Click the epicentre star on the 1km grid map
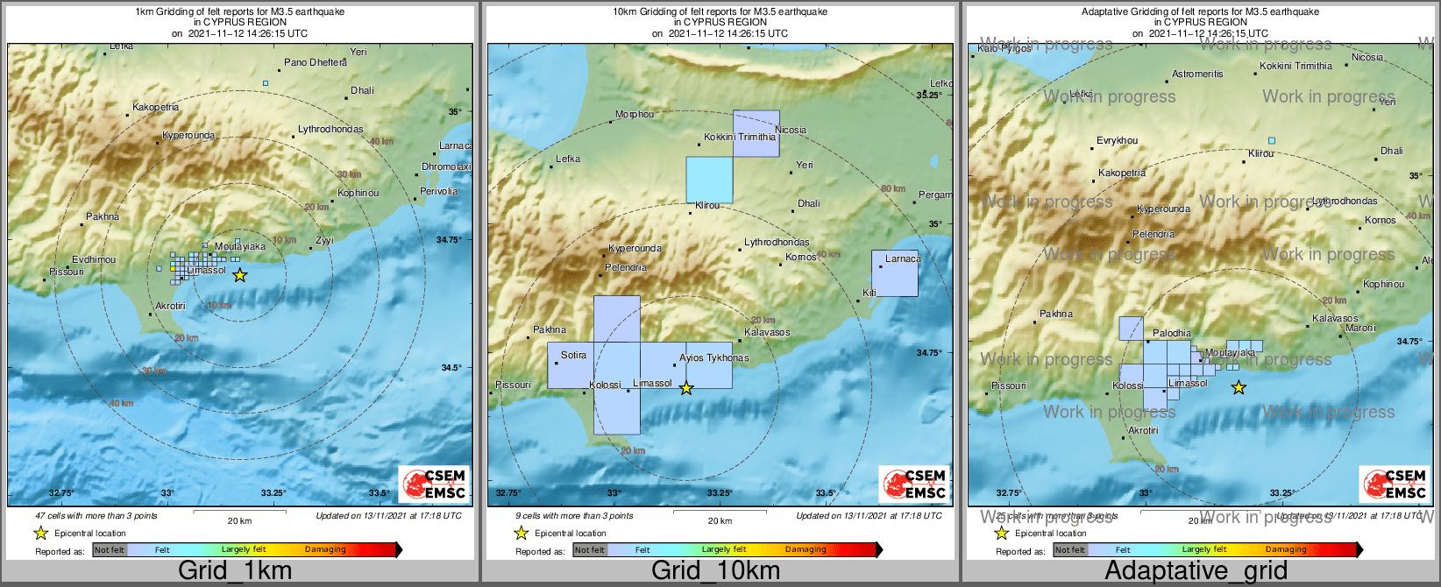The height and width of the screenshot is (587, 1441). click(239, 275)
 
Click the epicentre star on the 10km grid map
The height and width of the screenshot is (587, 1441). click(686, 388)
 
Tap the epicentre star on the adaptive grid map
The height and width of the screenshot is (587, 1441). click(1239, 387)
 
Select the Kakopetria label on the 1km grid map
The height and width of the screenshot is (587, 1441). click(155, 107)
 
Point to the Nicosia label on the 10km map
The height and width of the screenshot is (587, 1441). click(791, 130)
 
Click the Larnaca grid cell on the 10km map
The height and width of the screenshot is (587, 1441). click(895, 273)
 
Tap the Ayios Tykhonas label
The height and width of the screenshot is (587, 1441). click(713, 357)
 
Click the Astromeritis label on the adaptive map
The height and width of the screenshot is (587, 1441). click(1197, 74)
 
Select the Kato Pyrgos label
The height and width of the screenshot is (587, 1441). click(1004, 49)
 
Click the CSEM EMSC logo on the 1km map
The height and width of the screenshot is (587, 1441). click(435, 484)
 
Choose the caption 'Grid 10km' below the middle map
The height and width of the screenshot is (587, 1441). click(715, 571)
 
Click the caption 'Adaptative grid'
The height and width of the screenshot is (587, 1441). click(1196, 571)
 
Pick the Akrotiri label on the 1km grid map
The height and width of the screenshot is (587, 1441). click(170, 306)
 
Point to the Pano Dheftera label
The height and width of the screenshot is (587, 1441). click(316, 62)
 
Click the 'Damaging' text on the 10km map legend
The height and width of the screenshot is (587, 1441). click(806, 549)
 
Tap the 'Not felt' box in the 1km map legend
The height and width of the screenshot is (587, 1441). click(110, 550)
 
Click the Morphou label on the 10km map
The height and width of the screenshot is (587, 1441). click(635, 114)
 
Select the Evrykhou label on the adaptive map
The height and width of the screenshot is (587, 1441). click(1117, 140)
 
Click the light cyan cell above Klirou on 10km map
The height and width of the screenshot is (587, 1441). click(709, 180)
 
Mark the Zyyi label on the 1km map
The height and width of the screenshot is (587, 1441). click(324, 240)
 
